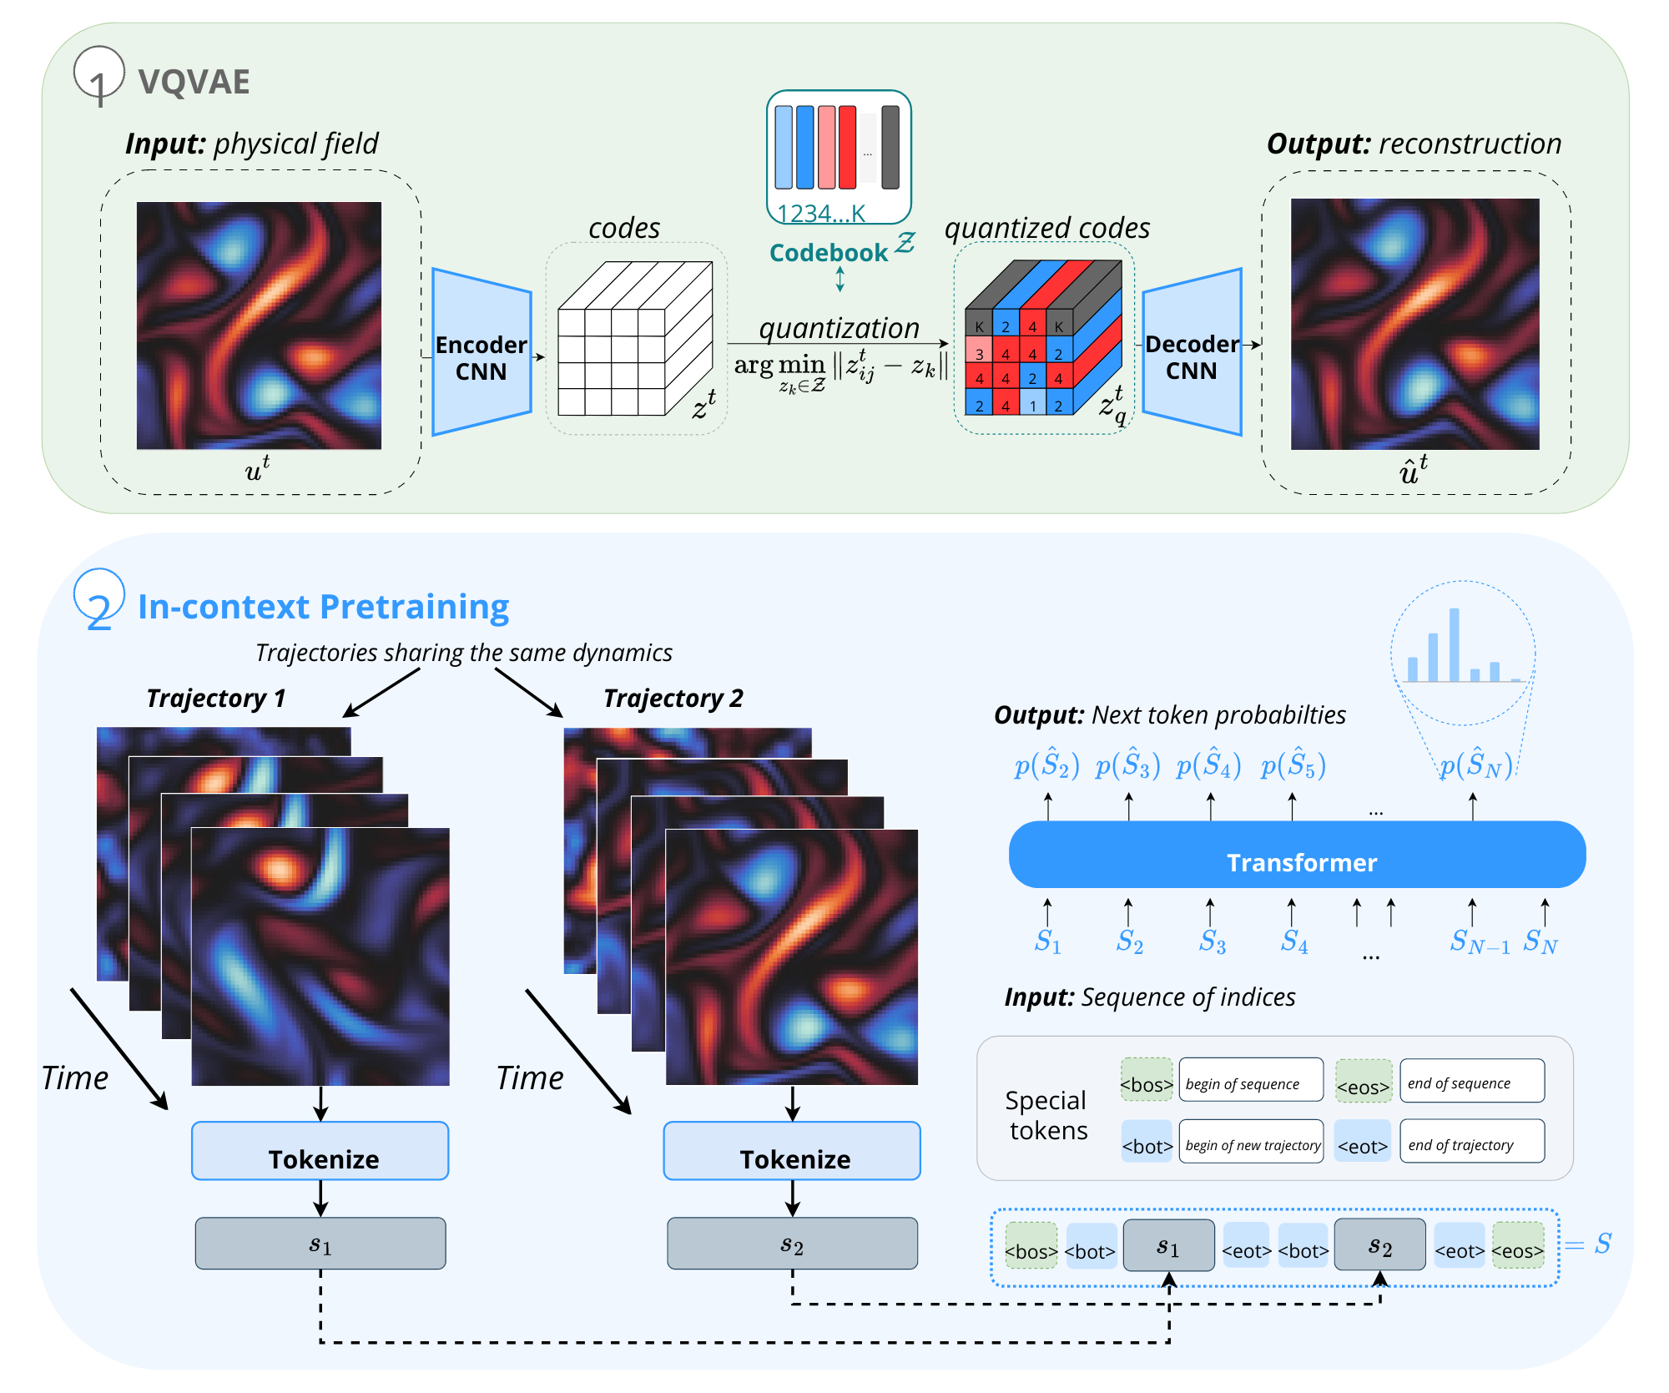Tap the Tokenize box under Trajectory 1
(320, 1152)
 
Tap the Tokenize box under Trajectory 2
(792, 1152)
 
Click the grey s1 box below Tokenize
(320, 1244)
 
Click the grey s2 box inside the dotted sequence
(1379, 1245)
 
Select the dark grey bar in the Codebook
(890, 148)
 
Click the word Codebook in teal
(828, 253)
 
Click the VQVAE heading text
(194, 82)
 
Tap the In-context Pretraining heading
(323, 607)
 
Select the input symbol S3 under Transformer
(1212, 941)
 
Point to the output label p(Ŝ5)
(1293, 765)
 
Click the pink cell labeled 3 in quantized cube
(979, 353)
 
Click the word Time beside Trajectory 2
(530, 1078)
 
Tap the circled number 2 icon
(98, 599)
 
